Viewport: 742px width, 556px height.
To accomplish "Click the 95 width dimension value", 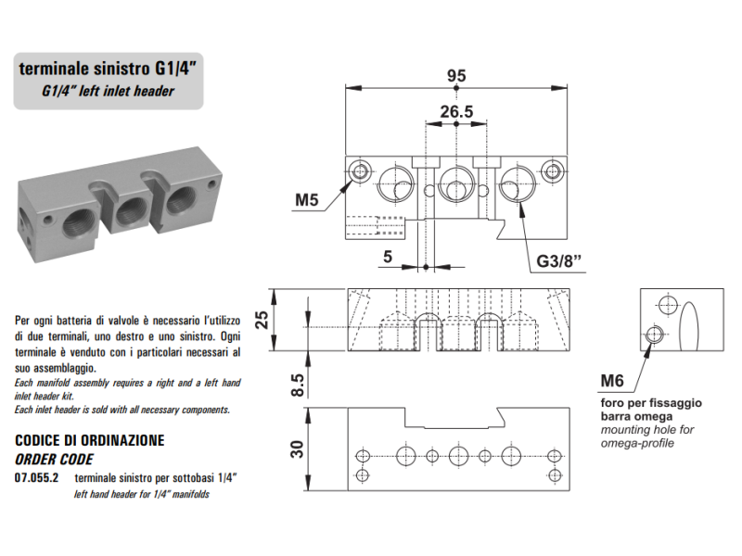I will [x=455, y=77].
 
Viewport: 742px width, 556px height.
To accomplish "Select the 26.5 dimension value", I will [x=456, y=112].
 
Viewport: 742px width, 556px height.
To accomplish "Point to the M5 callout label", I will [x=308, y=199].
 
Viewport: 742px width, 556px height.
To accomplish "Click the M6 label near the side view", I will [x=612, y=380].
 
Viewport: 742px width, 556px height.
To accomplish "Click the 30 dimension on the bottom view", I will [x=297, y=449].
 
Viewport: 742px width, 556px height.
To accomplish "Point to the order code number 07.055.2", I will [x=37, y=478].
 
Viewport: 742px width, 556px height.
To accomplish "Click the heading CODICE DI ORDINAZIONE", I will [x=90, y=439].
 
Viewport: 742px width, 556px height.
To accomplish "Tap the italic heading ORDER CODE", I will [x=55, y=458].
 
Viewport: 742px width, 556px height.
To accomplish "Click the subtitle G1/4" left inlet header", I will [x=109, y=91].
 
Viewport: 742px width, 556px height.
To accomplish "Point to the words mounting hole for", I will [x=646, y=430].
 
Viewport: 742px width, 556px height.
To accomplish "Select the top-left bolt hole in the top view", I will [x=360, y=171].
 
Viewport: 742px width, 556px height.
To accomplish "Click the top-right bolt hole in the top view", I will [x=554, y=171].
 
